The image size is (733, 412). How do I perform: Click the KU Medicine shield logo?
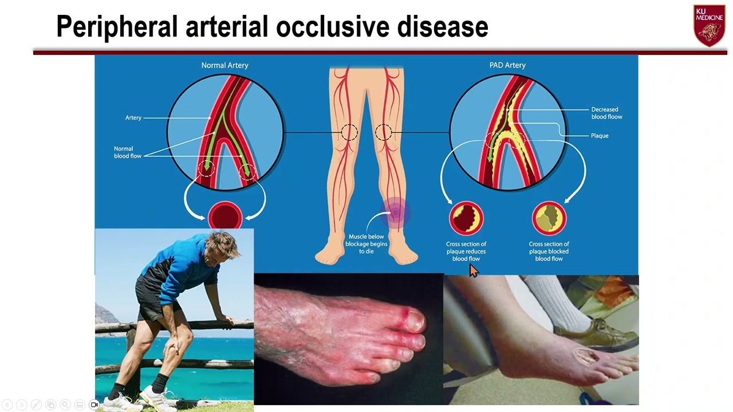709,26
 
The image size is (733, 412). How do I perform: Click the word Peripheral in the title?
117,27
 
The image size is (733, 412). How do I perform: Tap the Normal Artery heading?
224,65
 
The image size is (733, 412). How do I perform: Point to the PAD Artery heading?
507,65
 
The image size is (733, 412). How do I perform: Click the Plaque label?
600,136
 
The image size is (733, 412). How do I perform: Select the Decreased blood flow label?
606,113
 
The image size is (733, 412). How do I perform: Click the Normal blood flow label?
128,152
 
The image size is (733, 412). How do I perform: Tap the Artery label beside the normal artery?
133,118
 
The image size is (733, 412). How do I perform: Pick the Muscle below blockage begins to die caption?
366,244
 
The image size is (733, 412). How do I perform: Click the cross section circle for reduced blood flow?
466,218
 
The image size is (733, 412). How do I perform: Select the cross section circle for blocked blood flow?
549,218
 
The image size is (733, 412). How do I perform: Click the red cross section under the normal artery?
225,217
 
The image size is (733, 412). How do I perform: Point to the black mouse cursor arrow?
473,271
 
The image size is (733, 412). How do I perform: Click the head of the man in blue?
221,246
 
